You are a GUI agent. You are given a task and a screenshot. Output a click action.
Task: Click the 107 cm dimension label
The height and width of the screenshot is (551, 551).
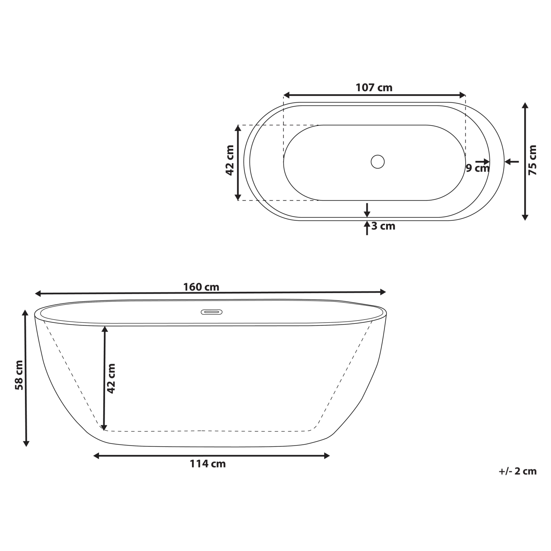[374, 87]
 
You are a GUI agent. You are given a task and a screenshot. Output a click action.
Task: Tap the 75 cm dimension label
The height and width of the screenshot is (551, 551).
[532, 160]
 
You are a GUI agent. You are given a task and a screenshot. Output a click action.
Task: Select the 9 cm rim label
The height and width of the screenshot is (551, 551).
[477, 168]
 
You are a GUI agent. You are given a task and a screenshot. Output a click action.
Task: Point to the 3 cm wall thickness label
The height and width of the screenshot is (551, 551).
[383, 226]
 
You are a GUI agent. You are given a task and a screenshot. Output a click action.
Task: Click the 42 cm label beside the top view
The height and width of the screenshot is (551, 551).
[230, 160]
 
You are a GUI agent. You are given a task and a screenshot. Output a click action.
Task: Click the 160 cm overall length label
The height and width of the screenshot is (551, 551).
[201, 287]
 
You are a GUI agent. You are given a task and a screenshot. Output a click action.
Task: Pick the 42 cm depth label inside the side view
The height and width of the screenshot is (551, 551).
[111, 378]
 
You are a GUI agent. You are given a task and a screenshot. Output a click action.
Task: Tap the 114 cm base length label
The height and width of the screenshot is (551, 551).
[207, 464]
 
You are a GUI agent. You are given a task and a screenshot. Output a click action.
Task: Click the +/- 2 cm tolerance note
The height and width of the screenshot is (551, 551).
[518, 471]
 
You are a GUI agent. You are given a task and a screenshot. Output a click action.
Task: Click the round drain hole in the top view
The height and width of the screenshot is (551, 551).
[378, 162]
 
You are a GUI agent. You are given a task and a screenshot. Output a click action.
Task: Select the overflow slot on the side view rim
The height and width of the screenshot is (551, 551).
[211, 312]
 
